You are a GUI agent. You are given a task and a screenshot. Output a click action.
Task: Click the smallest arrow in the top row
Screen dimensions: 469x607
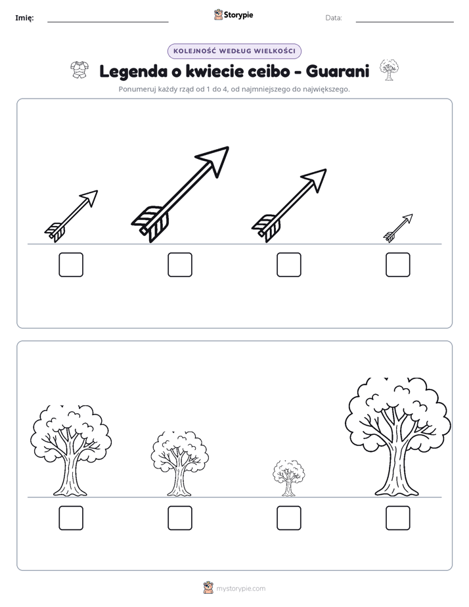398,228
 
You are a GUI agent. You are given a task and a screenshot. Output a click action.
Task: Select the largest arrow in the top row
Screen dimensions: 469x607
180,194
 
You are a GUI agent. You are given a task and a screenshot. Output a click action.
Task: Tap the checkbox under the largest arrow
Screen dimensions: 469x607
180,265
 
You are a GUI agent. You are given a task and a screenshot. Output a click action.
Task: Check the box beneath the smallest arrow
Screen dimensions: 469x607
398,265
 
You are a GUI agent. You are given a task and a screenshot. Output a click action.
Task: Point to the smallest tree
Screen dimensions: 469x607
288,478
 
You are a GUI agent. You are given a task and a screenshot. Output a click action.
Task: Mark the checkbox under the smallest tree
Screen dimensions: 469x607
289,518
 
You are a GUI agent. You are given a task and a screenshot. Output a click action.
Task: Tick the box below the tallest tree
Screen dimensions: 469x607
398,518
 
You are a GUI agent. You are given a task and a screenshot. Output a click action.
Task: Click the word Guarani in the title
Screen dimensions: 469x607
338,72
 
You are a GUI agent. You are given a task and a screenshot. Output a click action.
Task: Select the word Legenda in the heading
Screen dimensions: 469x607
133,72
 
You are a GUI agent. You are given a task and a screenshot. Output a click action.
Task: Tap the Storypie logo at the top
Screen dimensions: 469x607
233,15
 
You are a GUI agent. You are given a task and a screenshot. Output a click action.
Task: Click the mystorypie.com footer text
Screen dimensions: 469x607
240,589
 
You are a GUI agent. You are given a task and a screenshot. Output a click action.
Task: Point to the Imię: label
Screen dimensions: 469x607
24,18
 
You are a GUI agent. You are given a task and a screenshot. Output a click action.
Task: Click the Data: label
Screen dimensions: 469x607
334,18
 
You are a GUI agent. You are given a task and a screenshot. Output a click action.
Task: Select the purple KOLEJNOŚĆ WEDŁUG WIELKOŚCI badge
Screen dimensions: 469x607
234,51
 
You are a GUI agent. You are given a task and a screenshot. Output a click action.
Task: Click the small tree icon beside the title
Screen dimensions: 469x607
389,70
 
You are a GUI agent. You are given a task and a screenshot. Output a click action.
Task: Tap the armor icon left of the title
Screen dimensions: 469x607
79,70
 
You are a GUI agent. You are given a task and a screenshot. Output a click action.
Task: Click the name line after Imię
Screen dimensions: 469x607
108,22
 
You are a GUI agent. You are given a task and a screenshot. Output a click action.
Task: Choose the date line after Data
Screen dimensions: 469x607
405,22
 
